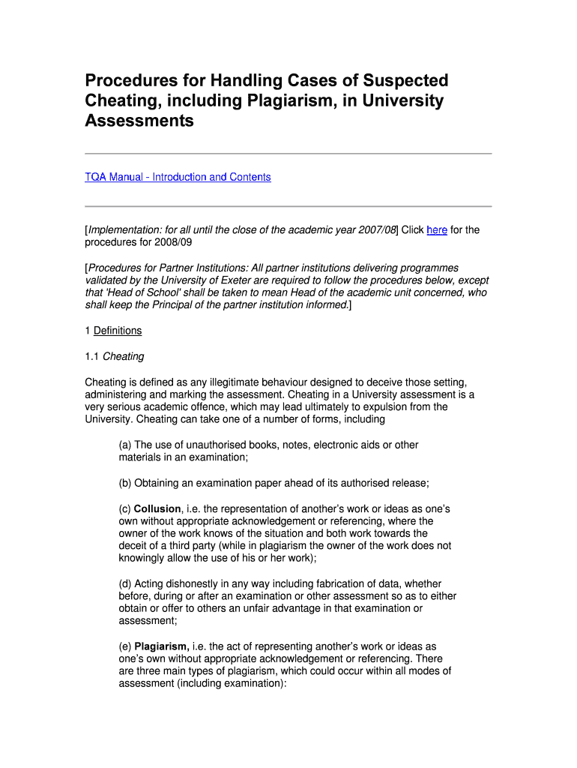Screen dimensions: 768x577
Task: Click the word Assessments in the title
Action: click(139, 121)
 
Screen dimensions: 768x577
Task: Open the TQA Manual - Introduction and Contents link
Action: click(178, 177)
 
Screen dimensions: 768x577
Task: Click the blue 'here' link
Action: click(437, 230)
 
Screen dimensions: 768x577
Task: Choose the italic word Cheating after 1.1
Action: click(124, 356)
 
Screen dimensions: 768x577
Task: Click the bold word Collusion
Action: click(157, 508)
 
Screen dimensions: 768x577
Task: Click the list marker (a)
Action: click(125, 445)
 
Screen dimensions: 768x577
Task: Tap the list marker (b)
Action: click(125, 483)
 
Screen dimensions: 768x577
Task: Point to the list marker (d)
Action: click(125, 583)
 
